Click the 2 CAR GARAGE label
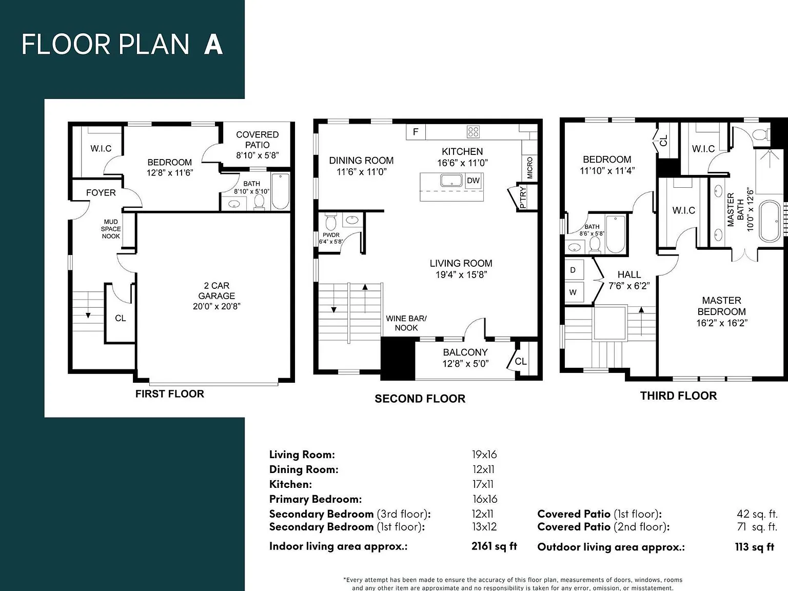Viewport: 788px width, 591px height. pos(216,295)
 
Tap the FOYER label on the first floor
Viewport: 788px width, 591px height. pos(101,193)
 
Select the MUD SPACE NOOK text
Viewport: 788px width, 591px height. pos(111,229)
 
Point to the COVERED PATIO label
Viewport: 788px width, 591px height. pos(258,140)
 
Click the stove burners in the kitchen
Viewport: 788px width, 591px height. pos(473,132)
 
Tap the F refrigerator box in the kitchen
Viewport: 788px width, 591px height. pos(416,132)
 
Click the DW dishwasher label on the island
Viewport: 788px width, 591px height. pos(473,181)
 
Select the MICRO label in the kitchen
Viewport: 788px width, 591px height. pos(530,168)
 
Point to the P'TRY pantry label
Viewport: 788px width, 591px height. pos(523,197)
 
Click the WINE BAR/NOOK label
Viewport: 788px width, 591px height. pos(406,323)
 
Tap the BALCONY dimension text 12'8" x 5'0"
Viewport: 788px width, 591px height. pos(466,364)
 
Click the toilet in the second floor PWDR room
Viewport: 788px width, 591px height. pos(330,222)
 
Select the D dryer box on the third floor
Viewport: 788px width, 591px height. pos(574,270)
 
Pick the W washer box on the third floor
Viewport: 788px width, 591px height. pos(574,292)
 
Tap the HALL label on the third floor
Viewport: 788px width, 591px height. pos(629,274)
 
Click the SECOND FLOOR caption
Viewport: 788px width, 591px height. pos(420,399)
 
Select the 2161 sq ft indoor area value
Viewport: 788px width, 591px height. pos(495,546)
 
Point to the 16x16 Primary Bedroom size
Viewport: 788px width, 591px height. pos(485,499)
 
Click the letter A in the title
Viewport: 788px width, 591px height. pos(213,45)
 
